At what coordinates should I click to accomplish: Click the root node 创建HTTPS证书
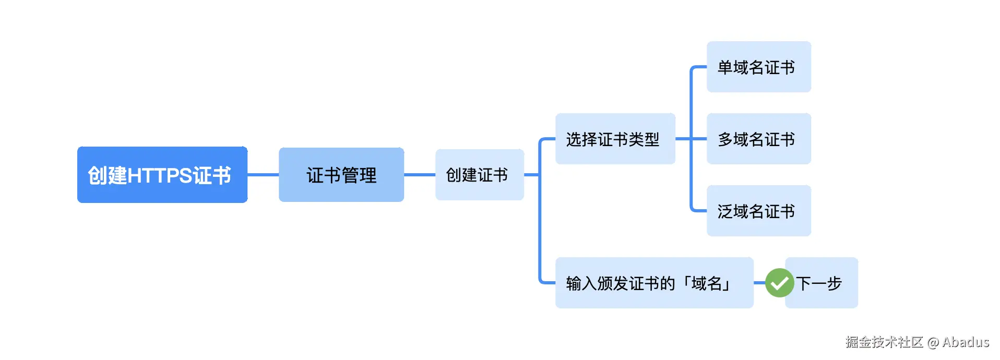coord(162,175)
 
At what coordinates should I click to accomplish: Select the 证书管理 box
coord(341,175)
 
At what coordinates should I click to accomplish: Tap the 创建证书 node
coord(479,175)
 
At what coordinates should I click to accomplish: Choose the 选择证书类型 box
coord(615,139)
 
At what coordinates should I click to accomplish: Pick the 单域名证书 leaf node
coord(758,67)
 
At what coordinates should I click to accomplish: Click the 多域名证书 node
coord(758,139)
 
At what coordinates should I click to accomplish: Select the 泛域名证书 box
coord(758,211)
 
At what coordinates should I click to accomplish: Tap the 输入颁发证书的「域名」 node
coord(653,283)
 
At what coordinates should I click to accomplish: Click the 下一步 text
coord(820,283)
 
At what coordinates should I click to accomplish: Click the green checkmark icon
coord(779,283)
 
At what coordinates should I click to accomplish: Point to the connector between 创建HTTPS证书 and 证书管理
coord(263,175)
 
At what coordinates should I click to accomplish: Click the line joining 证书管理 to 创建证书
coord(420,175)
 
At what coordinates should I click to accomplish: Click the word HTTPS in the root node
coord(160,175)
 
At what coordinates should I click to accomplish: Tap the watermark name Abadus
coord(966,342)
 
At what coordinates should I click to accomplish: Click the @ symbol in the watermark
coord(933,342)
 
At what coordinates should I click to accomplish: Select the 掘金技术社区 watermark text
coord(884,342)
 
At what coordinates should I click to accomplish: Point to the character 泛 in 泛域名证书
coord(725,211)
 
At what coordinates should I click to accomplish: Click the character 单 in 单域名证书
coord(725,67)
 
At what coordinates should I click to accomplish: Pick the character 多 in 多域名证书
coord(725,139)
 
